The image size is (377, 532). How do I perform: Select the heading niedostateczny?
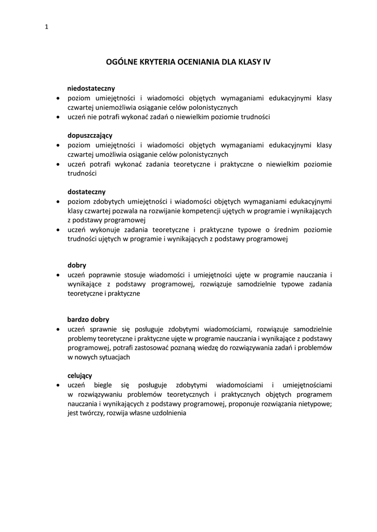pyautogui.click(x=91, y=88)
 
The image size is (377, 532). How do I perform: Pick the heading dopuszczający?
pyautogui.click(x=90, y=135)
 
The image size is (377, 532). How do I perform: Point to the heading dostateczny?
pyautogui.click(x=86, y=192)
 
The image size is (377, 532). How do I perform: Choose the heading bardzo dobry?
pyautogui.click(x=88, y=320)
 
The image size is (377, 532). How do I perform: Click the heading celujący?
pyautogui.click(x=80, y=376)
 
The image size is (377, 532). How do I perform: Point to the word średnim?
pyautogui.click(x=287, y=230)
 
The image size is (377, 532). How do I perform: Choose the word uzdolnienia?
pyautogui.click(x=168, y=414)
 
